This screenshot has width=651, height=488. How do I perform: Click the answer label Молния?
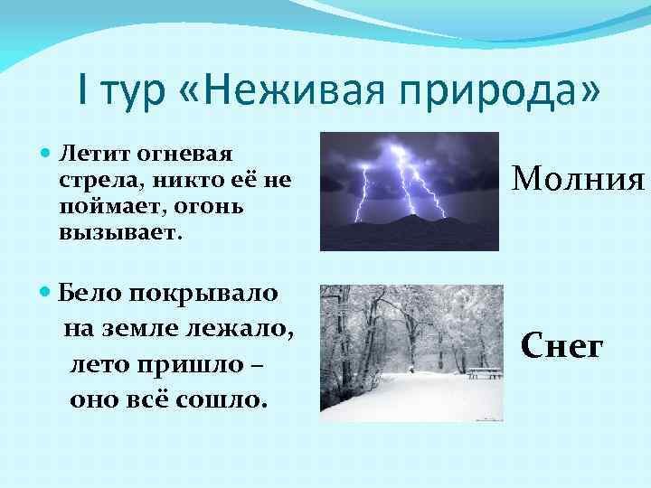[x=579, y=178]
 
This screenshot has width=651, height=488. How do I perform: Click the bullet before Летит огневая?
[x=45, y=153]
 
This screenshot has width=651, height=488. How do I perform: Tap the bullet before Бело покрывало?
[x=44, y=291]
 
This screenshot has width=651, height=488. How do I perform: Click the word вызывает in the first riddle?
[x=120, y=233]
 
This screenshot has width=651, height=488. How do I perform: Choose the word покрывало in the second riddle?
[x=203, y=295]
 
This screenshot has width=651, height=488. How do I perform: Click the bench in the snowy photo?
[x=485, y=373]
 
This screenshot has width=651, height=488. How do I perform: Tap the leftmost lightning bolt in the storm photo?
[x=362, y=193]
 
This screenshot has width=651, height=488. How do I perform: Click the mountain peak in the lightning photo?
[x=412, y=215]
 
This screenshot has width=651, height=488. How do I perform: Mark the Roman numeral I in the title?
[x=82, y=90]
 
